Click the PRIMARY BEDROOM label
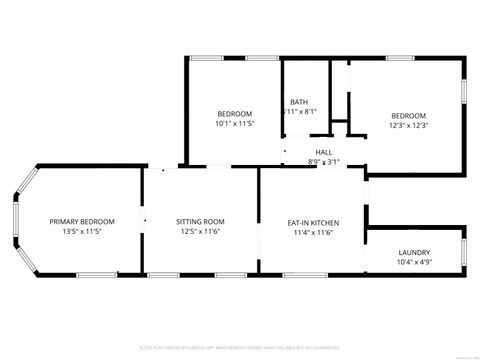(82, 221)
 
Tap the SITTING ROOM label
(200, 221)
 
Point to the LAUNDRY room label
(414, 252)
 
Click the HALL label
(324, 152)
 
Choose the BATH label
(299, 102)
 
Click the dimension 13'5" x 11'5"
(82, 231)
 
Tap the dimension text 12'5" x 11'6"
(200, 231)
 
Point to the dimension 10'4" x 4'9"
(414, 262)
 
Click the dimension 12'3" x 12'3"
(408, 125)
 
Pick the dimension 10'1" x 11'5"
(235, 123)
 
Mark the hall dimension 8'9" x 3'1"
(324, 161)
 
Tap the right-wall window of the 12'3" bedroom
(465, 90)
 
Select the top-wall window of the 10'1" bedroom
(206, 58)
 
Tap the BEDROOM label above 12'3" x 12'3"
(408, 115)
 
